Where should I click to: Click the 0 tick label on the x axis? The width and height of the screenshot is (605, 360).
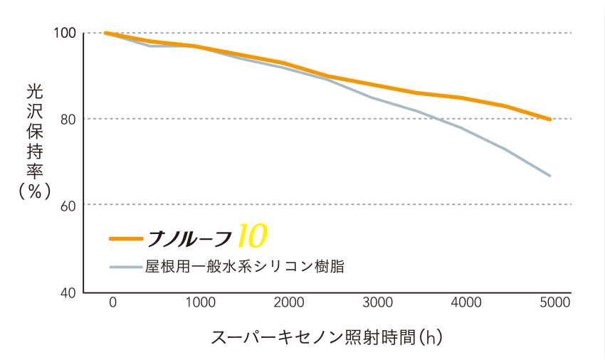pyautogui.click(x=112, y=302)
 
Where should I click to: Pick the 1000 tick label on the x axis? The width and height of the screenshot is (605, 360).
pyautogui.click(x=200, y=302)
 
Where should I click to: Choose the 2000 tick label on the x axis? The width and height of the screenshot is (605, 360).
pyautogui.click(x=289, y=302)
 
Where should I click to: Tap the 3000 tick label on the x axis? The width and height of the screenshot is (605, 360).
pyautogui.click(x=378, y=302)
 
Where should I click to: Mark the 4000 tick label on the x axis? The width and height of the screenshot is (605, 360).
pyautogui.click(x=466, y=302)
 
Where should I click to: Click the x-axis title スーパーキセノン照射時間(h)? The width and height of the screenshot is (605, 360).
pyautogui.click(x=327, y=337)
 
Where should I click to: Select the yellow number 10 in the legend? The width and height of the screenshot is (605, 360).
pyautogui.click(x=253, y=235)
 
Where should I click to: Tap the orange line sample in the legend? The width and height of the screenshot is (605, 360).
pyautogui.click(x=126, y=238)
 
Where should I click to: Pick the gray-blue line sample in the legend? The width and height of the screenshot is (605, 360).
pyautogui.click(x=126, y=267)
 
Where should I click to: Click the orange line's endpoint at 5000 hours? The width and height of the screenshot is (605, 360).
pyautogui.click(x=550, y=120)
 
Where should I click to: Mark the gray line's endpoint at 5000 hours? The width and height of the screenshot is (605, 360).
pyautogui.click(x=550, y=175)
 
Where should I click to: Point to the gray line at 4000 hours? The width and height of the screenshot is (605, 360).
pyautogui.click(x=462, y=128)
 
